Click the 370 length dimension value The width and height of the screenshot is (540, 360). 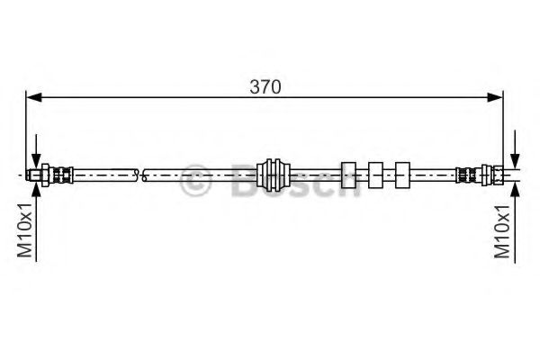pos(265,86)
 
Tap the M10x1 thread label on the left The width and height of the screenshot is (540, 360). pos(25,230)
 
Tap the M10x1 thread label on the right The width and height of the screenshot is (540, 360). pos(502,230)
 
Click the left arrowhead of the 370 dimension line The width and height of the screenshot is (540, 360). pos(34,97)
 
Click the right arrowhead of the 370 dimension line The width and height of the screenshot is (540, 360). pos(495,97)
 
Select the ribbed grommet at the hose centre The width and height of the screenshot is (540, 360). pos(274,175)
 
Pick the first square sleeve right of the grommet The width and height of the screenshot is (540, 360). pos(348,175)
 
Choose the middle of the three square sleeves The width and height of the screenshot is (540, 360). pos(375,175)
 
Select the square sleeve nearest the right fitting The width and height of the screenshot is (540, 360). pos(402,175)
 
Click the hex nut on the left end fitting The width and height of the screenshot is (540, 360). pos(46,175)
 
